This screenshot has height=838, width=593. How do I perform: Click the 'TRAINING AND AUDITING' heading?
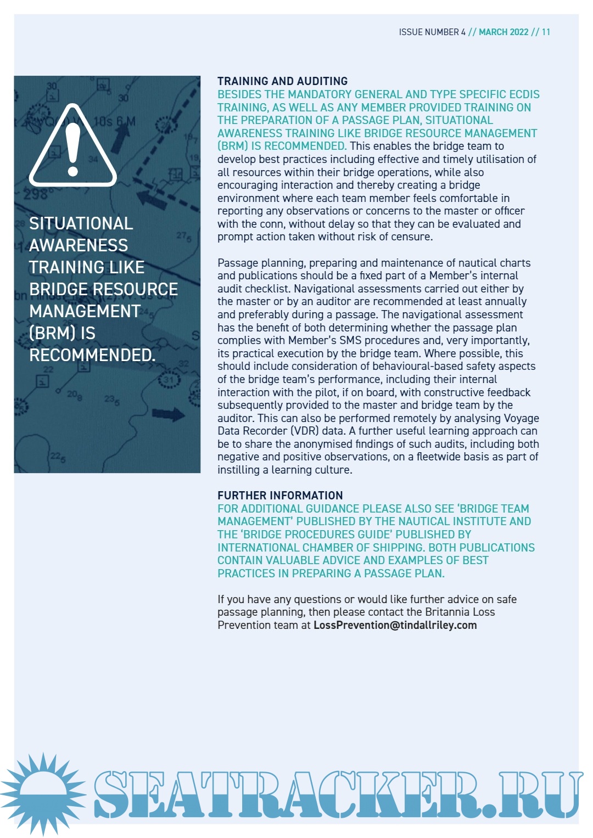[282, 81]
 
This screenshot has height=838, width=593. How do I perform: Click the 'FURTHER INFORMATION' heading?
[280, 496]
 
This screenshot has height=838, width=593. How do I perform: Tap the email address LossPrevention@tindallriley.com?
[395, 625]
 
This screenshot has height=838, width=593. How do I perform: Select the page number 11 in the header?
[546, 32]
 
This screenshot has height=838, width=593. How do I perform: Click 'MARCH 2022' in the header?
[504, 32]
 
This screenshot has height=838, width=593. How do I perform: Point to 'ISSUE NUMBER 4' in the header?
[432, 32]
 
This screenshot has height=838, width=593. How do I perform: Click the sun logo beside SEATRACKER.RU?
[43, 794]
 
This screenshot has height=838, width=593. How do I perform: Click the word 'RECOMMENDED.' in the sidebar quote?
[92, 355]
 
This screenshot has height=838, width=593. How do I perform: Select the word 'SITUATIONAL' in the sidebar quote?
[81, 223]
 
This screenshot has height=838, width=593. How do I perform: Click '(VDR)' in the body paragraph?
[304, 431]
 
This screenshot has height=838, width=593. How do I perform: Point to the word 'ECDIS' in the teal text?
[523, 94]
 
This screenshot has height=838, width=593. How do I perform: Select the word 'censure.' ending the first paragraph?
[412, 237]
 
